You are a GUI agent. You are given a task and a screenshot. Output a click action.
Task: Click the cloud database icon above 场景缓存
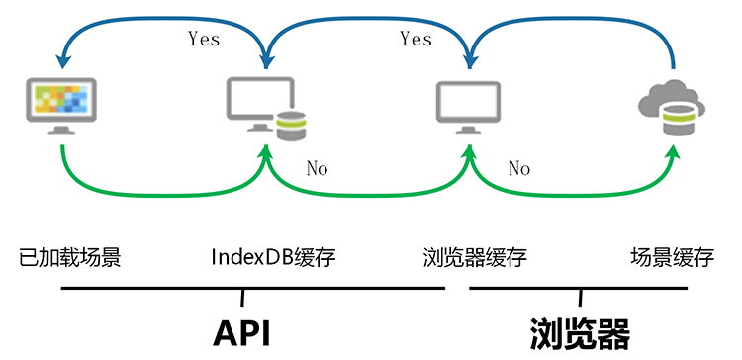pyautogui.click(x=672, y=107)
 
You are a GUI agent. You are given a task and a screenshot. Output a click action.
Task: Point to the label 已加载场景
pyautogui.click(x=70, y=258)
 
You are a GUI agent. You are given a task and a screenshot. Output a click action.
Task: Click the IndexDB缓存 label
pyautogui.click(x=274, y=258)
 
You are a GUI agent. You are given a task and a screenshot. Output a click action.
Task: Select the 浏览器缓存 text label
pyautogui.click(x=474, y=258)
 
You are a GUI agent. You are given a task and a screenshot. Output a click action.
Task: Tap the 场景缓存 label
pyautogui.click(x=672, y=258)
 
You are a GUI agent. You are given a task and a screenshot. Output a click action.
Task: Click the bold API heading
pyautogui.click(x=241, y=332)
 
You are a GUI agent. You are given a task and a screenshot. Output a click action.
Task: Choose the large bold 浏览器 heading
pyautogui.click(x=579, y=332)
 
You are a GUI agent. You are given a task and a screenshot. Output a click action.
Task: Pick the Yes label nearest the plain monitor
pyautogui.click(x=416, y=39)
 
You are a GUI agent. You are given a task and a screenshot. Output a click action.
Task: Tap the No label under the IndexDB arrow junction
pyautogui.click(x=317, y=168)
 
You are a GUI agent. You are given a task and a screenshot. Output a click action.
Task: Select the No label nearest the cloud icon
pyautogui.click(x=519, y=168)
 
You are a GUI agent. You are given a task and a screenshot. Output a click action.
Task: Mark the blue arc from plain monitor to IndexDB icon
pyautogui.click(x=366, y=17)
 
